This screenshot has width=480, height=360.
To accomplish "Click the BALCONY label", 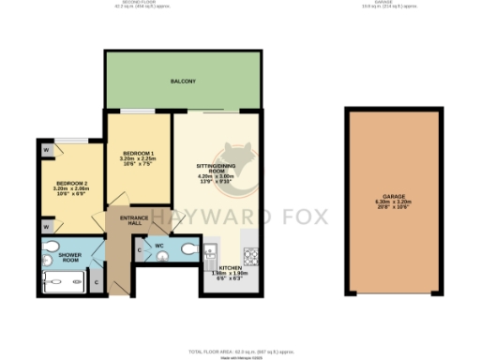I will [183, 82].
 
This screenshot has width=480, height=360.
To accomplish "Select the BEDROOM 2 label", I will [71, 185].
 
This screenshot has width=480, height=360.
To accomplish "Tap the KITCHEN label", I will [231, 268].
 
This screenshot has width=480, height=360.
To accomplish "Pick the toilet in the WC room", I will [188, 248].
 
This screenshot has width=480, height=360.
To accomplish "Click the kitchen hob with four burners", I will [250, 253].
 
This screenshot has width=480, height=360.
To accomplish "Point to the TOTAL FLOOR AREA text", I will [239, 350].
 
